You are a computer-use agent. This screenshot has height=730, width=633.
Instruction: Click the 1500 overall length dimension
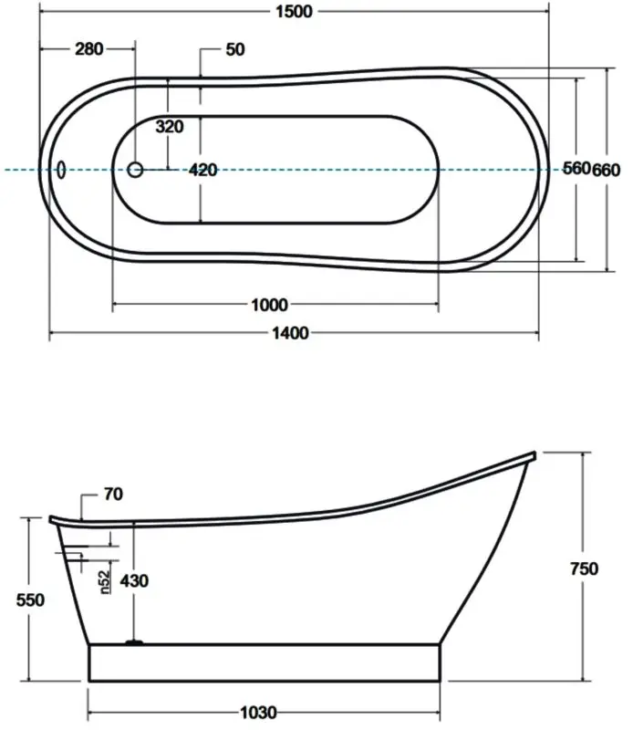coord(293,11)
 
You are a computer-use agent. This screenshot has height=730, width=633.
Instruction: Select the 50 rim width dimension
coord(234,49)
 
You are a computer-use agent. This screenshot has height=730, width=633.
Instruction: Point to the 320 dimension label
coord(170,127)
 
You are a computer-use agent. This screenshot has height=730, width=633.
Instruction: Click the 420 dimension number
coord(202,170)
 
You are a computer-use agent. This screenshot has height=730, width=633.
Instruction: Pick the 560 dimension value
coord(576,169)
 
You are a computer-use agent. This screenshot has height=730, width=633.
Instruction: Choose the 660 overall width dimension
coord(607,169)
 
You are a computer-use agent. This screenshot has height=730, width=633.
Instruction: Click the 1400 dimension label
coord(291,334)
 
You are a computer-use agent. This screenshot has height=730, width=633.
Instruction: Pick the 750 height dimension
coord(584,568)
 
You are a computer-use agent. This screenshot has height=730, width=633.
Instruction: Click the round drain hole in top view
coord(135,170)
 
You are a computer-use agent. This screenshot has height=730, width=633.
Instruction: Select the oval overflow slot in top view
coord(62,170)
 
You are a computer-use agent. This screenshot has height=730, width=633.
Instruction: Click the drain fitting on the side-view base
coord(134,643)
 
